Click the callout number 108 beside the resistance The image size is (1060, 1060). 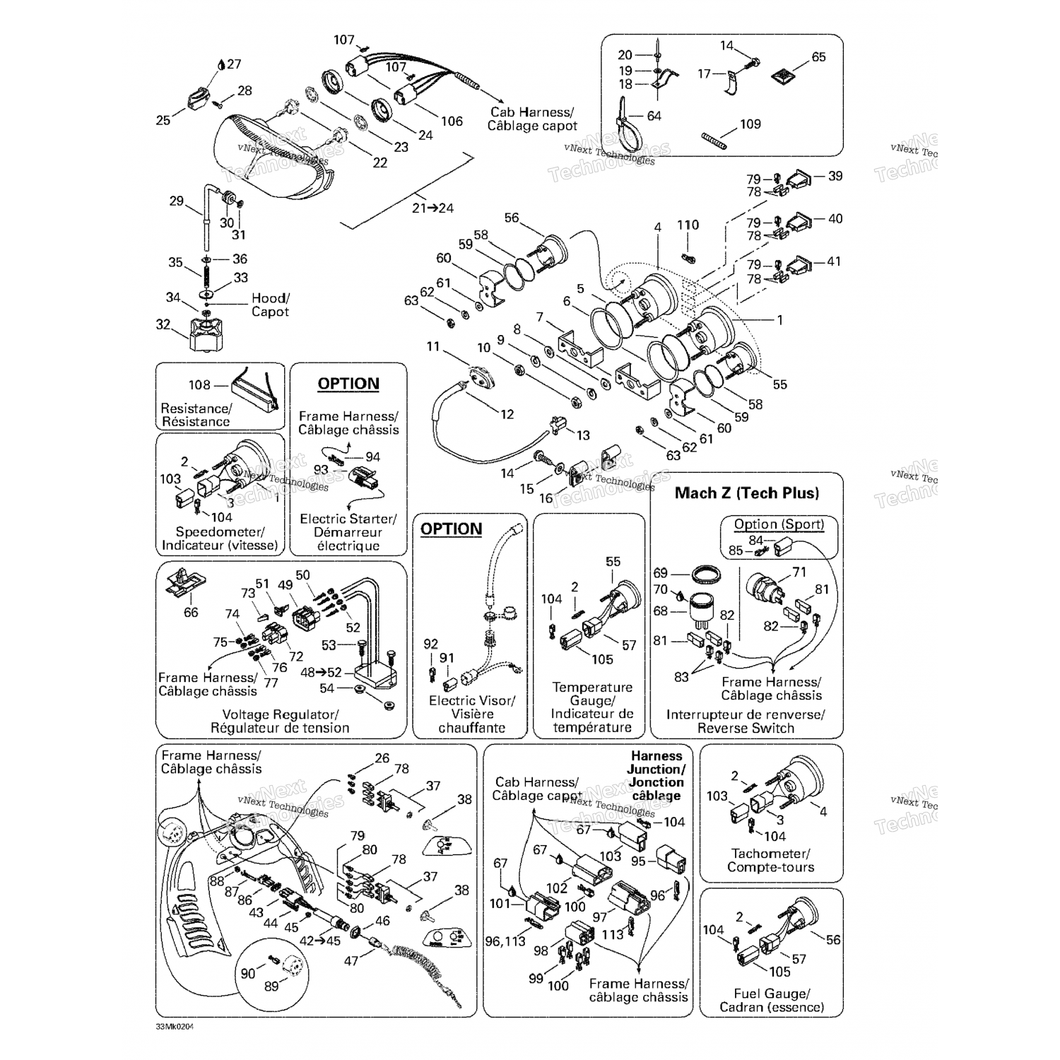click(199, 385)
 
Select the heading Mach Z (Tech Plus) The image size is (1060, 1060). click(747, 493)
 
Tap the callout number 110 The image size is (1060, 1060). click(688, 225)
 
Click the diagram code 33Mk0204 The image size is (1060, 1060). click(175, 1027)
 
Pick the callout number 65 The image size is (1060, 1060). click(818, 57)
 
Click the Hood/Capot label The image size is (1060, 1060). click(270, 305)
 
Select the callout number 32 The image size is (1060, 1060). click(163, 324)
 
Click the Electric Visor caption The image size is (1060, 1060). click(472, 700)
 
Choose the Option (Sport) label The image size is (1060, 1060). click(779, 524)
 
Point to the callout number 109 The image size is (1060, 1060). click(750, 124)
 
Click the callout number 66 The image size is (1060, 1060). click(191, 612)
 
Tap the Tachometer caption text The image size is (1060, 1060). click(770, 854)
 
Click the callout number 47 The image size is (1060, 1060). click(351, 960)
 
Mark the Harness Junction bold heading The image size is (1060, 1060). click(656, 775)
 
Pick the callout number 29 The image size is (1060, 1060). click(176, 201)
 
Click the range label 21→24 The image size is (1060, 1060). click(432, 208)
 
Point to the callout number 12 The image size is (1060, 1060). click(507, 414)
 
